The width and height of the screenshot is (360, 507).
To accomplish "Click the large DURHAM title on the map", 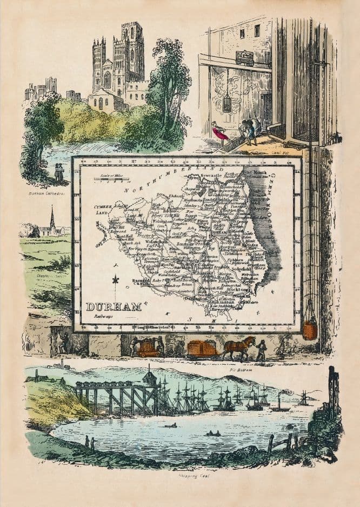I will (114, 307).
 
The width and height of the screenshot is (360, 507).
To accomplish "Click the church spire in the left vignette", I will (52, 219).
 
